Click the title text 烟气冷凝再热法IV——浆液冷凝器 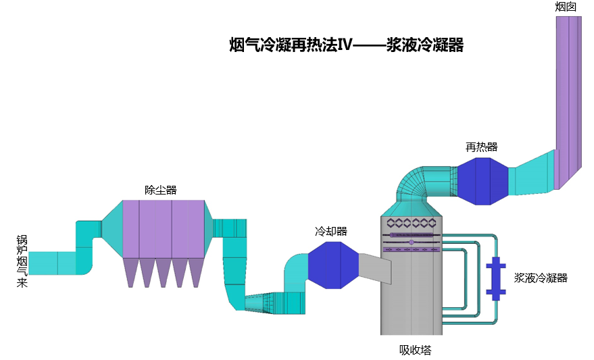[346, 45]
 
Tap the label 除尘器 [161, 190]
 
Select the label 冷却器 [331, 231]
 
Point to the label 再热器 [481, 147]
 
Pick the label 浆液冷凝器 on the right [541, 277]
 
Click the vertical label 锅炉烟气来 [22, 261]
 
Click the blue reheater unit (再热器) [482, 181]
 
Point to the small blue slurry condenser [496, 277]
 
